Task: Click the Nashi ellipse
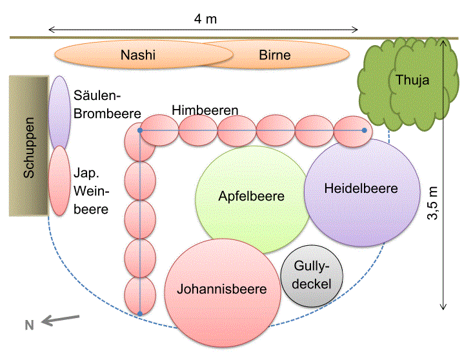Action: pos(139,55)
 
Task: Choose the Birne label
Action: pos(275,55)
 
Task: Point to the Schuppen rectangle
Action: pos(30,146)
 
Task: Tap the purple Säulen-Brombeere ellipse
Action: pos(59,113)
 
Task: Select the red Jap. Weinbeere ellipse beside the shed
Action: pos(59,181)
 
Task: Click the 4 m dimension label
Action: pos(205,19)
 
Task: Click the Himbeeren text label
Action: pos(205,110)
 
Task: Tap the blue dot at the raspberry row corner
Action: pos(141,131)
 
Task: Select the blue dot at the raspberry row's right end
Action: pos(365,131)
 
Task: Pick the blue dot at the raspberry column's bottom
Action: pos(140,314)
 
